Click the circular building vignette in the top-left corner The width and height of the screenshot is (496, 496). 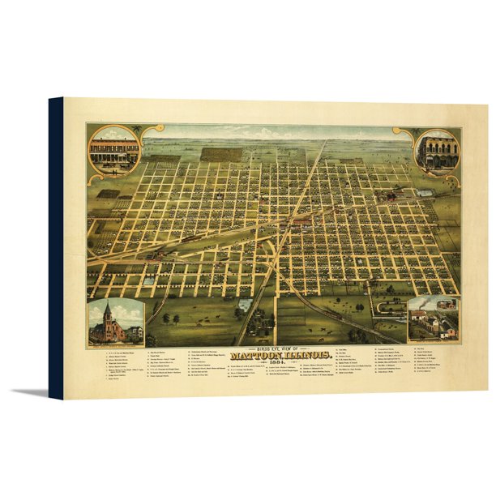[113, 151]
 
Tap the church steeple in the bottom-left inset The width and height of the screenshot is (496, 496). [107, 312]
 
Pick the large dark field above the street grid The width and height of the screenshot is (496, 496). [220, 153]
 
